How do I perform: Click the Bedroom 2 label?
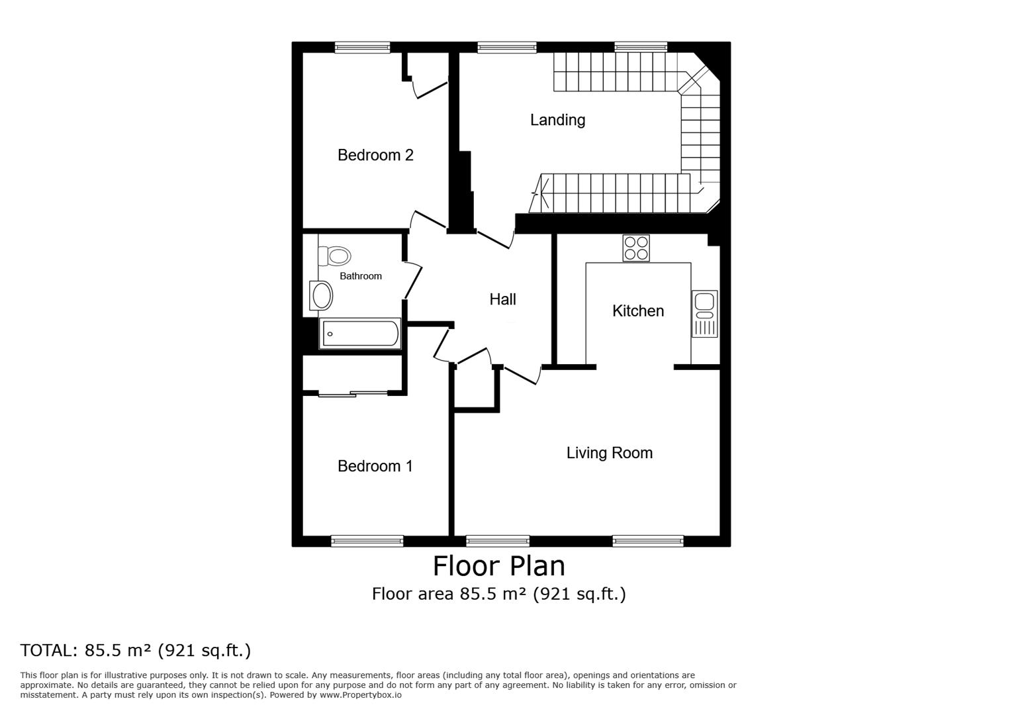375,155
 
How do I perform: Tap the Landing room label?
557,120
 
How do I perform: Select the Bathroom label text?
360,276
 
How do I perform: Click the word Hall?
502,299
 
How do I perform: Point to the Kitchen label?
637,310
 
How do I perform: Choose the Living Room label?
609,453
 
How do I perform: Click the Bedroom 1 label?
375,466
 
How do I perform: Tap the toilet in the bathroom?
335,256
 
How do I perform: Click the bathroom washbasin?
322,295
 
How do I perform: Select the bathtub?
360,334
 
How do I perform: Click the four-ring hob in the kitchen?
635,248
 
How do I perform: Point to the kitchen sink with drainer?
704,314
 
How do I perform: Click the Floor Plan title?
498,566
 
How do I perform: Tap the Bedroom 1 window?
367,542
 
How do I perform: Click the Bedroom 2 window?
362,47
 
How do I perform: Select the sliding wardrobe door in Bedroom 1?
352,395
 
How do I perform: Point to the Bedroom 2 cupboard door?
432,89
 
